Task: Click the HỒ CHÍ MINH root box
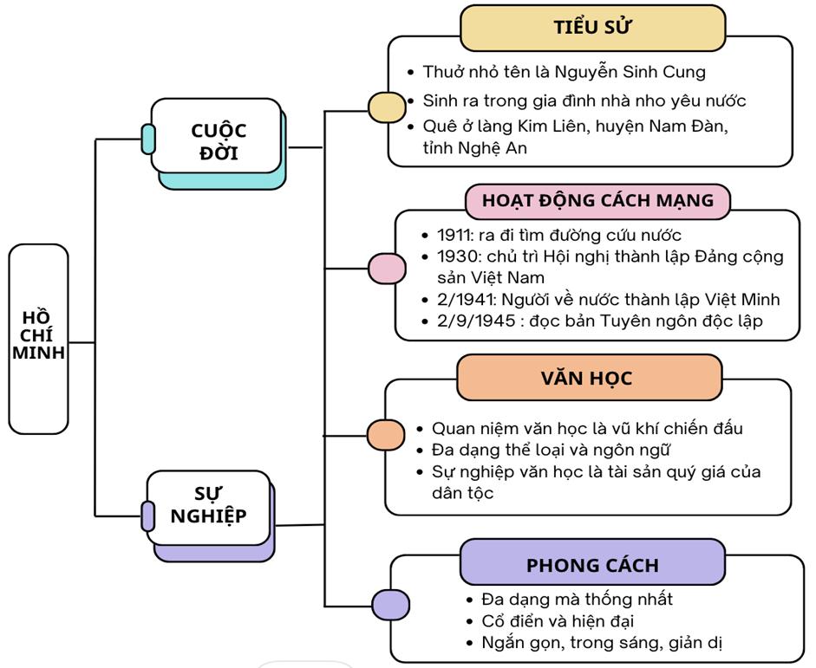tap(38, 338)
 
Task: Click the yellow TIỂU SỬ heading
tap(592, 28)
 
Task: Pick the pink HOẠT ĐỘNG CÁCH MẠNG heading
tap(597, 200)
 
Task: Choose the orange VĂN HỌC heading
tap(588, 378)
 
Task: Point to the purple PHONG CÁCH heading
tap(592, 565)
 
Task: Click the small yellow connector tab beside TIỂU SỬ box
tap(387, 107)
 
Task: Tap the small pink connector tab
tap(387, 269)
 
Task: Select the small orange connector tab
tap(386, 435)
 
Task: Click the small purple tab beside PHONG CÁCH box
tap(390, 605)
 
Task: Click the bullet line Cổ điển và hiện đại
tap(558, 621)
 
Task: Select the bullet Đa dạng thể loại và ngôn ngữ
tap(551, 450)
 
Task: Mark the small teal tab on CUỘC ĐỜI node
tap(148, 139)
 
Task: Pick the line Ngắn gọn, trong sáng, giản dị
tap(602, 643)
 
